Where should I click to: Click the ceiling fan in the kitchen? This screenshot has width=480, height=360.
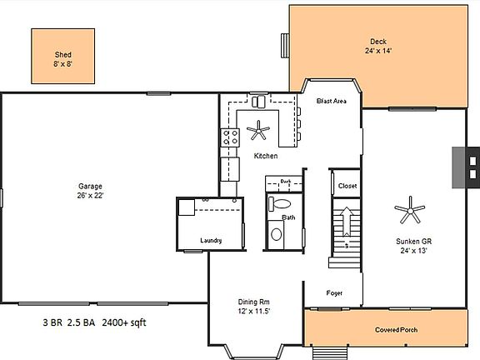click(260, 129)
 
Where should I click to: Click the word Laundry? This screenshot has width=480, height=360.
click(211, 241)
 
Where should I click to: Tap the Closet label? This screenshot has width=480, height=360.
click(347, 186)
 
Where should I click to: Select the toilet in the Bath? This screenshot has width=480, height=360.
click(281, 203)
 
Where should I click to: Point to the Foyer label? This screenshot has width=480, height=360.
click(334, 292)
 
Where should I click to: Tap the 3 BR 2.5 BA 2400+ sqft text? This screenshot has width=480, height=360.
click(99, 321)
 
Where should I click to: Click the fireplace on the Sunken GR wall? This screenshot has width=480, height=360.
click(465, 167)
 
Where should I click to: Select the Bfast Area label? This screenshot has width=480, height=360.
click(332, 102)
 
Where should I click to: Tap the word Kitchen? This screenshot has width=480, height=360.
click(265, 156)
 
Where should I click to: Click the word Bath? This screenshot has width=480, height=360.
click(288, 218)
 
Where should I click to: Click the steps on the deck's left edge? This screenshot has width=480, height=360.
click(286, 45)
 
